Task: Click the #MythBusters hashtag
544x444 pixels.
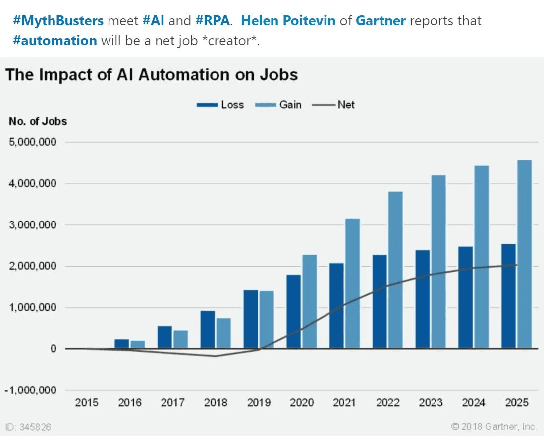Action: click(58, 21)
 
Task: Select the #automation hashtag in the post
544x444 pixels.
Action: click(55, 40)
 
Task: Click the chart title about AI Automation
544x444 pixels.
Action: click(152, 75)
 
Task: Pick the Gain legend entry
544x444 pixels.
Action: click(278, 105)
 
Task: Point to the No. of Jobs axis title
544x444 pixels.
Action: click(38, 121)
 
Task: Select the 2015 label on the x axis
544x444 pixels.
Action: click(87, 403)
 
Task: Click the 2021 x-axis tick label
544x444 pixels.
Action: click(345, 403)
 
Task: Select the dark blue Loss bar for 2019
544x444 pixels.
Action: click(251, 320)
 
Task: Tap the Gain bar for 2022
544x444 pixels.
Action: click(395, 270)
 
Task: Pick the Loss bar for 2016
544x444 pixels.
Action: click(122, 344)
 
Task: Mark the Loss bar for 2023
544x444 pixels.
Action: click(423, 299)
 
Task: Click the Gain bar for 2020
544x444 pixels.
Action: click(310, 302)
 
